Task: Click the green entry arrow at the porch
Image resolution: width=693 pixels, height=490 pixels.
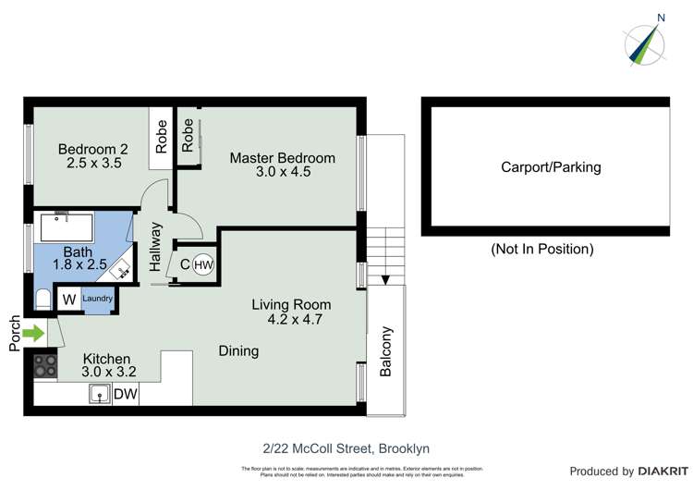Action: click(x=33, y=333)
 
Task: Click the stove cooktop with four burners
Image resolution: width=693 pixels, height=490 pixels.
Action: click(x=45, y=366)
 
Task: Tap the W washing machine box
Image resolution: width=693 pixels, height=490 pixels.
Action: click(x=68, y=300)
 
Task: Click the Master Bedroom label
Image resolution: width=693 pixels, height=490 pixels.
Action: click(x=282, y=158)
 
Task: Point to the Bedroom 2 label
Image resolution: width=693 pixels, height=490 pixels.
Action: click(x=92, y=149)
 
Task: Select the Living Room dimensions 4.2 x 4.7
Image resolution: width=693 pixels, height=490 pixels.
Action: click(x=291, y=320)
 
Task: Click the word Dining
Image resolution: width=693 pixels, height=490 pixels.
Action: click(x=238, y=351)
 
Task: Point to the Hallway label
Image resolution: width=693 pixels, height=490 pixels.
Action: click(x=155, y=247)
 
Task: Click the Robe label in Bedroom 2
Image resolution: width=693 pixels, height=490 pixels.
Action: click(x=162, y=137)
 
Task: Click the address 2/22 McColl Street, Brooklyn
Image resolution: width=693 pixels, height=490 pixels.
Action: click(x=346, y=448)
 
